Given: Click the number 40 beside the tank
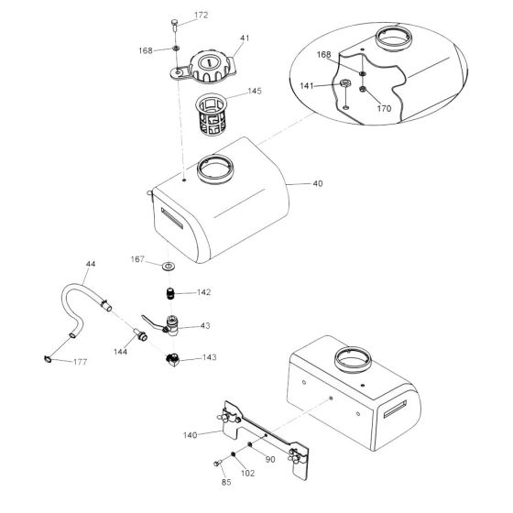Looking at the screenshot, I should click(x=317, y=184).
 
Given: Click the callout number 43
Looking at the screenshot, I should click(x=204, y=326).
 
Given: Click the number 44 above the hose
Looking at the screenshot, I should click(x=90, y=266).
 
